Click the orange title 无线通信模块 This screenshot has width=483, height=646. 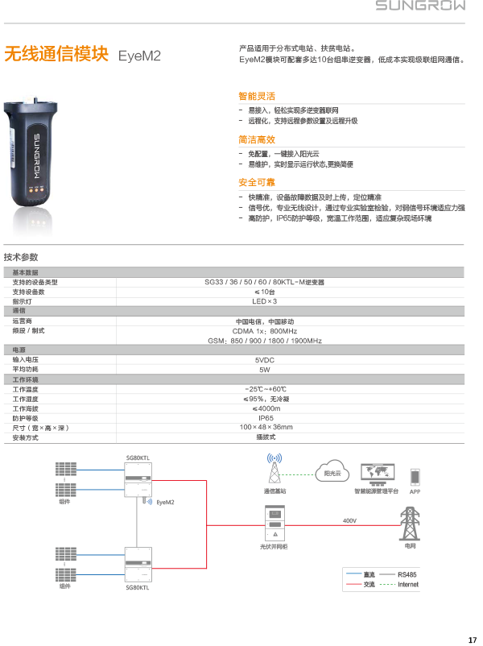56,55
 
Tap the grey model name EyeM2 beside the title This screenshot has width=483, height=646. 140,56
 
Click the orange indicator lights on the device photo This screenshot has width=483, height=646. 35,192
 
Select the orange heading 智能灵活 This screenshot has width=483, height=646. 257,96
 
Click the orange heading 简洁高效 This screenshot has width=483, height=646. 257,139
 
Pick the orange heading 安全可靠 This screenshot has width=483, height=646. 257,183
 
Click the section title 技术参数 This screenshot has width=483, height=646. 21,258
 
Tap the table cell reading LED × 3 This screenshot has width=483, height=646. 265,301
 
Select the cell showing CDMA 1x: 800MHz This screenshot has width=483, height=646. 265,331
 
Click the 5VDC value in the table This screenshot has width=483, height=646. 265,360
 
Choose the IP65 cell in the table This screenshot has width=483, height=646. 265,418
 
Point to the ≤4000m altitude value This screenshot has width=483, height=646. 265,408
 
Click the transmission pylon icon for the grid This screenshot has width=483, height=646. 411,524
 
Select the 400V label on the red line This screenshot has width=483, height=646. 349,521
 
